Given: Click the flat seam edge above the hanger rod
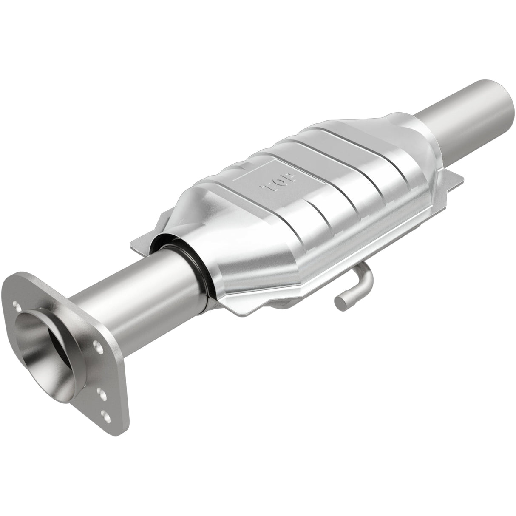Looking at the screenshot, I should tap(340, 259).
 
